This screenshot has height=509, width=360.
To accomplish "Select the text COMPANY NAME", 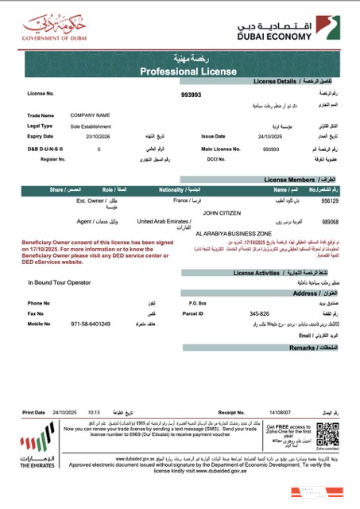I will tap(90, 115).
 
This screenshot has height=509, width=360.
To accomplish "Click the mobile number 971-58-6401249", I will tap(90, 324).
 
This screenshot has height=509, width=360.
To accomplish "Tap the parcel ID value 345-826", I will tap(260, 313).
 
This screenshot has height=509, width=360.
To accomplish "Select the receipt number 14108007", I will tap(280, 413).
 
